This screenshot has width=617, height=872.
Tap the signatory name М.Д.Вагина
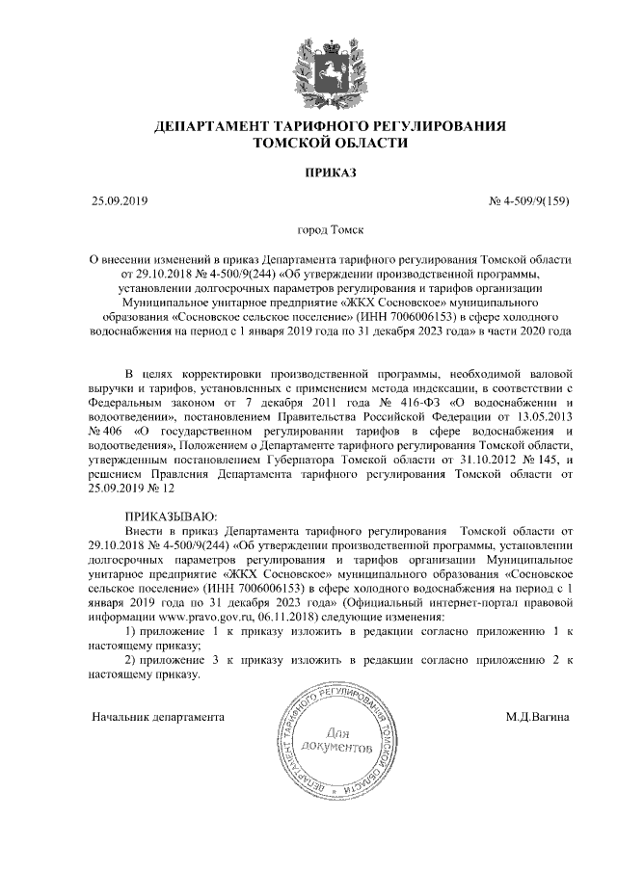(537, 717)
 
